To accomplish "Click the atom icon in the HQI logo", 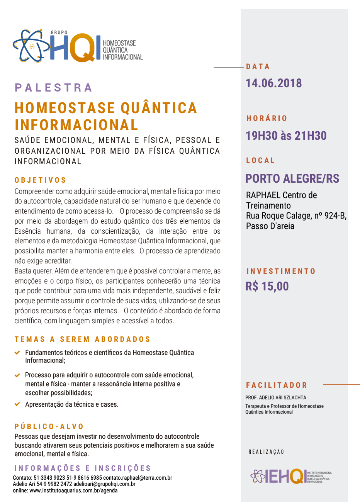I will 31,46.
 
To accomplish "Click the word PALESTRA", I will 53,88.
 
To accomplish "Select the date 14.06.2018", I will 274,83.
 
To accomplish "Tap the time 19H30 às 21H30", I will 286,136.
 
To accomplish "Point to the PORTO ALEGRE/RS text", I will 292,178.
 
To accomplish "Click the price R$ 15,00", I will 267,286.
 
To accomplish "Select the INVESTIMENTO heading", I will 281,272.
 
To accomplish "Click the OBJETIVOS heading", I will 41,180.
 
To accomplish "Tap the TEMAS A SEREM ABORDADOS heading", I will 82,339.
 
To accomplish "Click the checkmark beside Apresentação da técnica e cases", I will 17,404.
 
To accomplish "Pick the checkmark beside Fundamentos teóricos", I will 17,353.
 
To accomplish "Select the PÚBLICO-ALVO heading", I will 49,427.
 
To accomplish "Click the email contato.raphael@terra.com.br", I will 138,478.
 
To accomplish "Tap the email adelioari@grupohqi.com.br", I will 104,484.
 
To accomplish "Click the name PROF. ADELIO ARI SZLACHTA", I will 276,397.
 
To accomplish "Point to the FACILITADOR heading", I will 277,385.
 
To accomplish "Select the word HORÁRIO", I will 267,119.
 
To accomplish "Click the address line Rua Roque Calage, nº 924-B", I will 296,216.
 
